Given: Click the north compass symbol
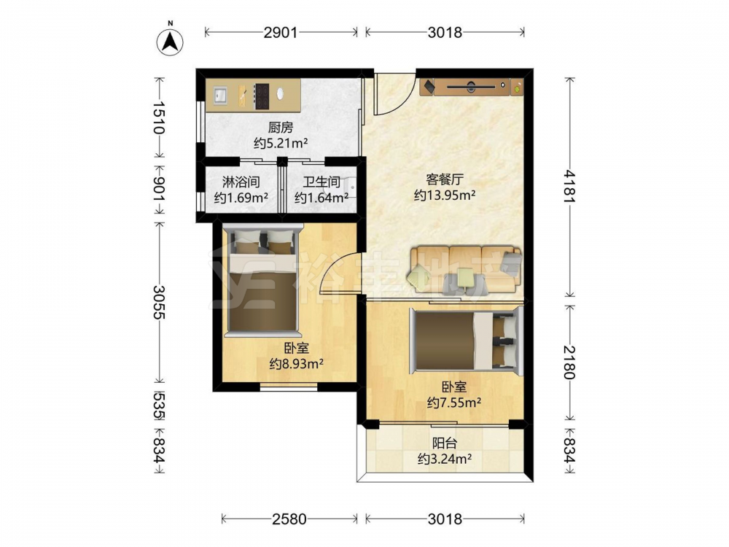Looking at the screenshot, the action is [170, 41].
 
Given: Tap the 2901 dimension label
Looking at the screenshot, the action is [281, 32].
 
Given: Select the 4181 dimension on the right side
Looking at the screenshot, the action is [570, 187].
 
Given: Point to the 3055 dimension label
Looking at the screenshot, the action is [160, 301].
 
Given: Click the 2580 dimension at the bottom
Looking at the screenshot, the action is [289, 519].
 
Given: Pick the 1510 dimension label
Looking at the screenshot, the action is [160, 117].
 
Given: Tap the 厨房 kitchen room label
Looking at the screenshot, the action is [281, 127].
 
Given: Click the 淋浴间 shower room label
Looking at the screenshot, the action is [241, 182].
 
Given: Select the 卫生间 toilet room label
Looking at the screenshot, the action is [321, 182].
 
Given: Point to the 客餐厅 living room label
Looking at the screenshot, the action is [445, 179].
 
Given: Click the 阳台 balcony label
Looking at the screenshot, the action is [445, 443].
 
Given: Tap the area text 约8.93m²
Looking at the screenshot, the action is [297, 364].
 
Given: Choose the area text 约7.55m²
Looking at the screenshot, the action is [453, 403].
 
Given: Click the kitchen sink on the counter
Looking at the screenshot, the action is [221, 95].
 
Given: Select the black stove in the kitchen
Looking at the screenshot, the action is [262, 96].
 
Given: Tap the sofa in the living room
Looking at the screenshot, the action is [465, 269].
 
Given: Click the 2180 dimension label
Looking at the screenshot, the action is [570, 362].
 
